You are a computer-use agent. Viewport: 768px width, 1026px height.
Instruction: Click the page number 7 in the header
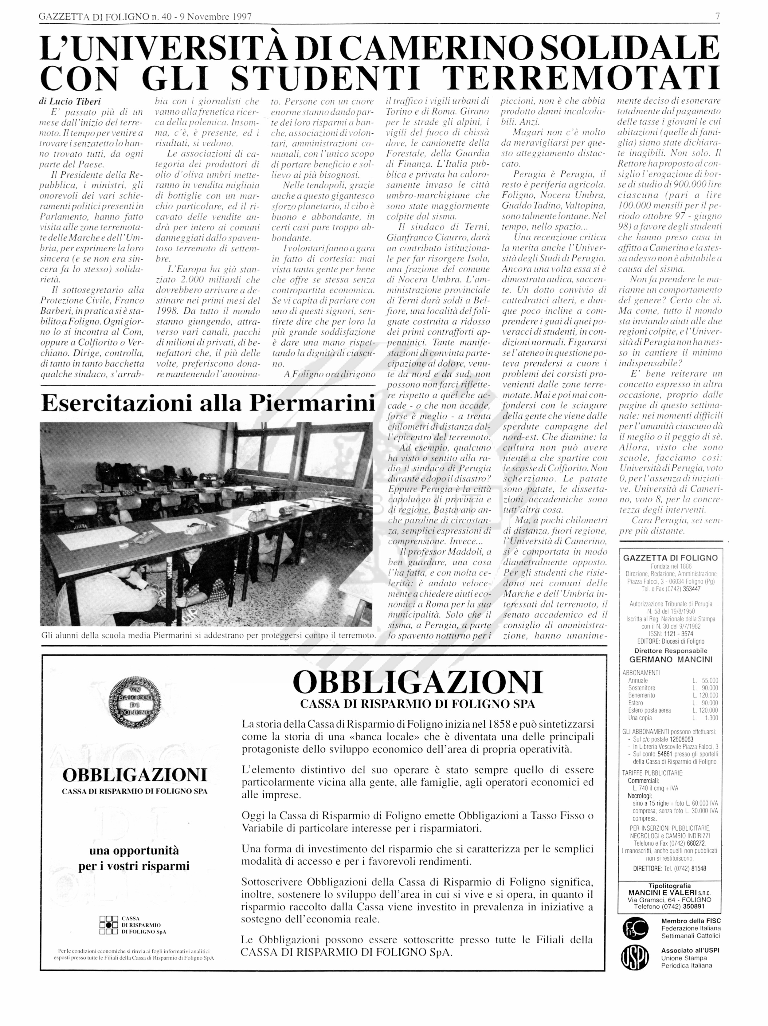[717, 17]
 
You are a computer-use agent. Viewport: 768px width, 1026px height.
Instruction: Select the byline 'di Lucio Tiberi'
[70, 101]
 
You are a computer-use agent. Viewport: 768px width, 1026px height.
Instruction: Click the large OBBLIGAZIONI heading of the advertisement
[417, 683]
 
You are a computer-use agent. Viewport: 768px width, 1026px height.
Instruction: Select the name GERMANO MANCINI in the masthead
[671, 659]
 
